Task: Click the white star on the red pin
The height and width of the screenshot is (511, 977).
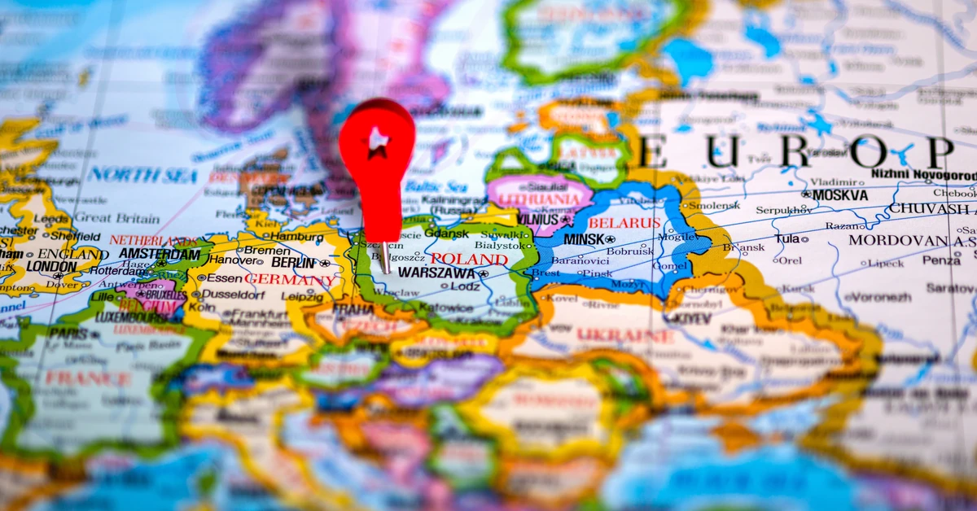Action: point(377,142)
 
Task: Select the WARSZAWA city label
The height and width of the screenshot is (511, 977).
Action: point(436,273)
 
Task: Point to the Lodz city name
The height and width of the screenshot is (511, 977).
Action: point(464,286)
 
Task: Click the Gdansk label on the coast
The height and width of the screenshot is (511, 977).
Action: point(446,233)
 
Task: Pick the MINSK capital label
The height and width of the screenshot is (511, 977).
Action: point(584,239)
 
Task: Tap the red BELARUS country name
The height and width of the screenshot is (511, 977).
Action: point(624,222)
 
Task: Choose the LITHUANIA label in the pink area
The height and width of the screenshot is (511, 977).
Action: point(539,199)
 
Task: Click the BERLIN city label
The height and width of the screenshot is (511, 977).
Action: point(293,262)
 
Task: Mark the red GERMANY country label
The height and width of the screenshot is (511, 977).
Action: point(289,279)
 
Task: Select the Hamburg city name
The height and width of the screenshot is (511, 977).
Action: point(297,236)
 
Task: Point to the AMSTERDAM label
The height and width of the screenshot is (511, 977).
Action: point(159,254)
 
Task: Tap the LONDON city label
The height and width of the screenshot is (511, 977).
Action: point(50,266)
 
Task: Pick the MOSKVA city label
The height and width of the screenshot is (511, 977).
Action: point(840,194)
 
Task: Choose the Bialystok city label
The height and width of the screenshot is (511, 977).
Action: point(498,245)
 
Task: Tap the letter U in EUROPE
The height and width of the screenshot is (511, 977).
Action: point(721,152)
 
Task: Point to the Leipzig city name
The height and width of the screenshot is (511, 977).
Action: point(303,296)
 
